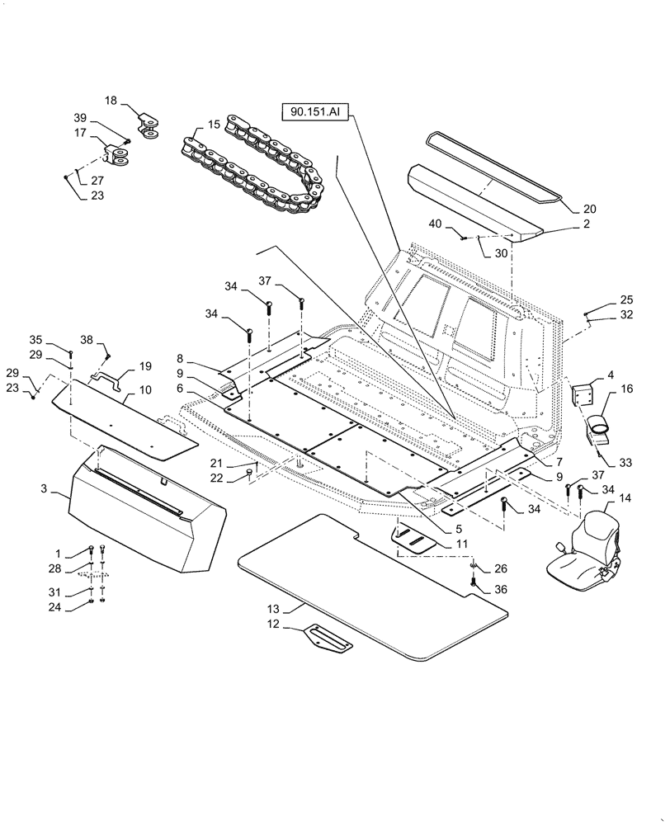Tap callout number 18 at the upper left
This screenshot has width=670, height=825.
[111, 100]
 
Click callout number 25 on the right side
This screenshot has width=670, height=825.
[626, 299]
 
